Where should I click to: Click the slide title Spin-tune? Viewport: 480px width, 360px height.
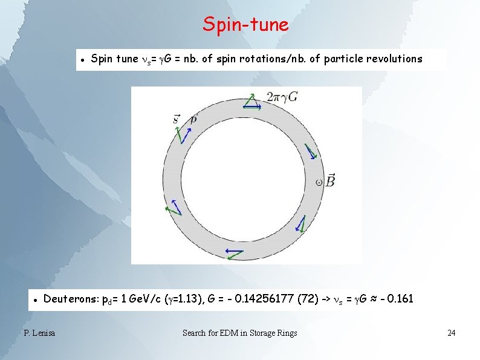tap(245, 25)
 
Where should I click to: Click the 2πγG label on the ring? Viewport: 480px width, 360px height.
tap(282, 97)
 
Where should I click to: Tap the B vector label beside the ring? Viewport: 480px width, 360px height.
tap(330, 180)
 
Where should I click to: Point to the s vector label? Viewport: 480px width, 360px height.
tap(176, 119)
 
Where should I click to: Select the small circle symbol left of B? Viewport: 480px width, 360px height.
tap(319, 181)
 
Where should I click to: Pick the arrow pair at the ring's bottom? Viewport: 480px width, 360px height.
tap(233, 252)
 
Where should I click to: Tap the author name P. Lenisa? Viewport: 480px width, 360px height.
tap(39, 333)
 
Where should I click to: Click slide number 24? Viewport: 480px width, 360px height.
tap(451, 333)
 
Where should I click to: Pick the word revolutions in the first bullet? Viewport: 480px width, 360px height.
tap(393, 59)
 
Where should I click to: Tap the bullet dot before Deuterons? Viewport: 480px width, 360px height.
tap(36, 299)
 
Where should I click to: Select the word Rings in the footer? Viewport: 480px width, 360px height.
tap(286, 333)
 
